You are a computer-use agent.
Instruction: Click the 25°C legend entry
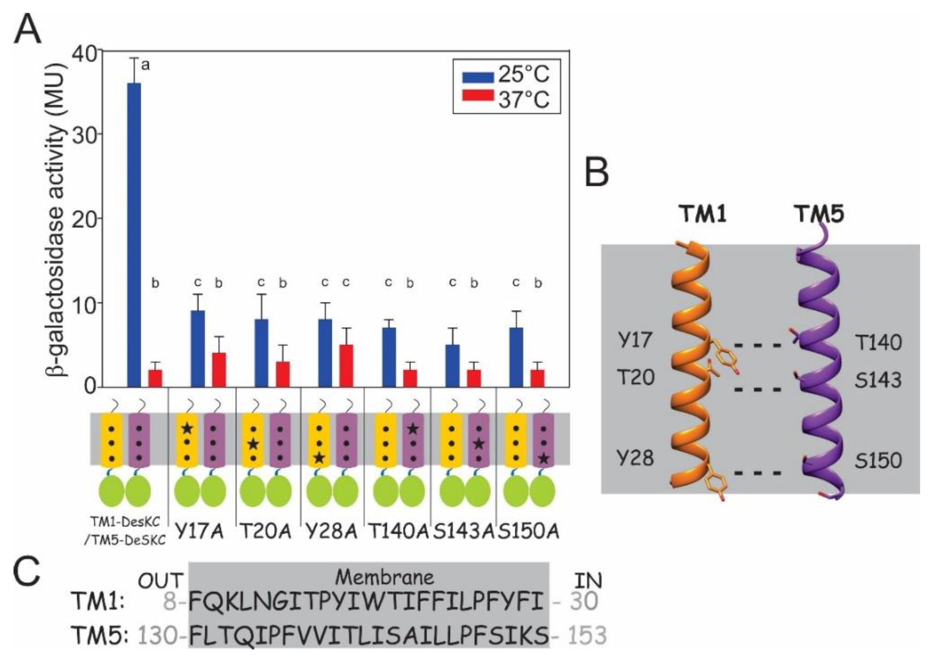tap(507, 75)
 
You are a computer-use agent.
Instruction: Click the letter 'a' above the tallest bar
tap(145, 65)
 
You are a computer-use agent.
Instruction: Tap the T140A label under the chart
tap(398, 531)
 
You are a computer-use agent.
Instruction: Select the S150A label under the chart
tap(529, 531)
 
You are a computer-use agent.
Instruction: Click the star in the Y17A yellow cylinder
tap(187, 428)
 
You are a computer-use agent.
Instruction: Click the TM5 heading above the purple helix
tap(818, 213)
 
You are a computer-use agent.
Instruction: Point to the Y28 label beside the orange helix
tap(635, 458)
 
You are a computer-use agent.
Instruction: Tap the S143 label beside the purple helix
tap(878, 380)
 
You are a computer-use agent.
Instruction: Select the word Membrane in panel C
tap(385, 577)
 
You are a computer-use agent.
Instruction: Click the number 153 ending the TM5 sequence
tap(586, 635)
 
